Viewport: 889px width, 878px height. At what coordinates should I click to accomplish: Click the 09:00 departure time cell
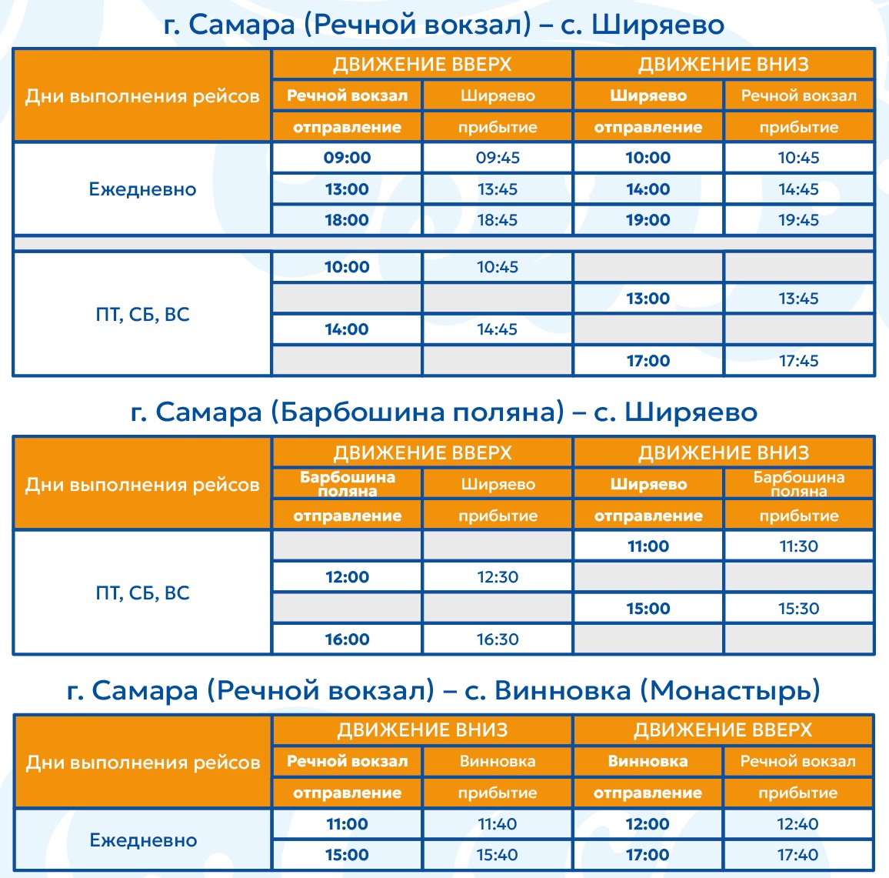pos(347,158)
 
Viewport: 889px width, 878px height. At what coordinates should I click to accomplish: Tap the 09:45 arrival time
pos(498,158)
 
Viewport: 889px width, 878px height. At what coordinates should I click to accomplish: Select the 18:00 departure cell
pos(347,220)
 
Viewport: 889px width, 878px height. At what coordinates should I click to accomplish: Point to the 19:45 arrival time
pos(798,220)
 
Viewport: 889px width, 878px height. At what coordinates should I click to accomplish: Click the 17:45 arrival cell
pos(798,361)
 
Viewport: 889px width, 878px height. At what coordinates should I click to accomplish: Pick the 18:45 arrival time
pos(498,220)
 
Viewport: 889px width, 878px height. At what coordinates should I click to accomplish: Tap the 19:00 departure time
pos(648,220)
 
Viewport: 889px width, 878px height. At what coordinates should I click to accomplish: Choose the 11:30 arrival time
pos(798,546)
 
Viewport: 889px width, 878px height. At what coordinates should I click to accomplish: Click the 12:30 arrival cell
pos(498,577)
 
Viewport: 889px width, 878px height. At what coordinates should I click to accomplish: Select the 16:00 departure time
pos(347,639)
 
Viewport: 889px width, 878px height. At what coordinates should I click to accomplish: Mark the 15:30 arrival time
pos(798,609)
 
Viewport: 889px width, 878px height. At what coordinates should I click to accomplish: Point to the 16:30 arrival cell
pos(498,639)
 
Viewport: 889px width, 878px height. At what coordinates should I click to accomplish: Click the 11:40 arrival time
pos(497,824)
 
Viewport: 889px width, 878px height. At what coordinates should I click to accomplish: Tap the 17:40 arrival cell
pos(797,855)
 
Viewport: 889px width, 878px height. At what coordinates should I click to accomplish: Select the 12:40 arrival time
pos(797,824)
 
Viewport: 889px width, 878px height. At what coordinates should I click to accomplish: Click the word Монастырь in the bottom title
pos(730,691)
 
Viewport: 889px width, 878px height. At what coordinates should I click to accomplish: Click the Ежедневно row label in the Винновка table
pos(143,840)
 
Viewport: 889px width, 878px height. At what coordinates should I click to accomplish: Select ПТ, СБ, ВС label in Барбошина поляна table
pos(142,593)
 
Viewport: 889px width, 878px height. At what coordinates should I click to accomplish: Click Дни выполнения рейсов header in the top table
pos(142,96)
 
